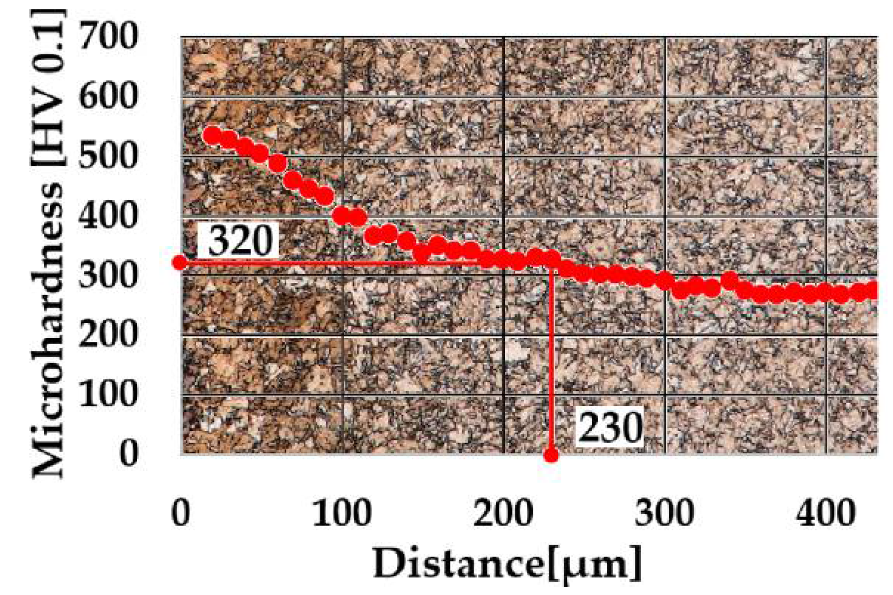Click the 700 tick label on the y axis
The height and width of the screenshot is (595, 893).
(108, 37)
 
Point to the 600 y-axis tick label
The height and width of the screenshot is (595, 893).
(108, 97)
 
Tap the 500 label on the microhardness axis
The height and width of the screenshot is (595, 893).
(108, 156)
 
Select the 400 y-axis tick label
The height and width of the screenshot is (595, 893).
(108, 215)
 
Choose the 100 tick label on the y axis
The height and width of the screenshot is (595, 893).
(108, 393)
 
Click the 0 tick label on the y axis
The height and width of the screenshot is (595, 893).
(129, 453)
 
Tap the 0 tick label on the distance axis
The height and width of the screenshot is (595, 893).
(180, 513)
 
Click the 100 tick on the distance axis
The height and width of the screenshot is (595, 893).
(342, 513)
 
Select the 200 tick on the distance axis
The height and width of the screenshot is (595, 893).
(503, 513)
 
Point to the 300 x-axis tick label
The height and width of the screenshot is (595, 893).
(664, 513)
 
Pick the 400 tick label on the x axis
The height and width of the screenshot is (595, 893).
(826, 513)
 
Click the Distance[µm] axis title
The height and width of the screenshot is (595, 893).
(507, 563)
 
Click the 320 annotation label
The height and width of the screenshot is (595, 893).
(240, 241)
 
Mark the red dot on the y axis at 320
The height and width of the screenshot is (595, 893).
(179, 263)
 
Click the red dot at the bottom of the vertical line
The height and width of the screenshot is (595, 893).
(551, 455)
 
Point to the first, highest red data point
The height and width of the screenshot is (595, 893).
(212, 135)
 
